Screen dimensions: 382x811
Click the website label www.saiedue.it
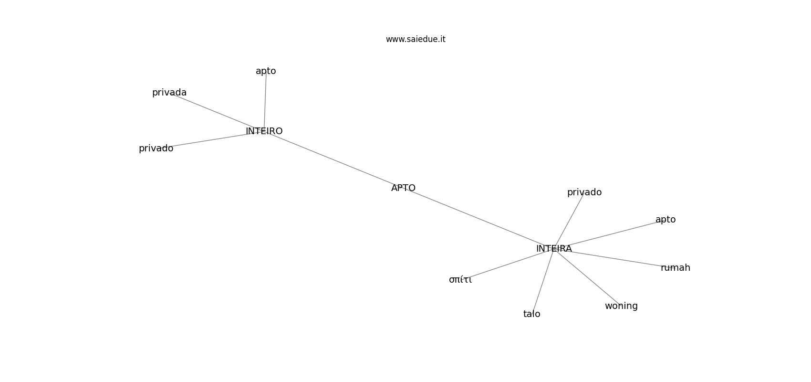(x=416, y=39)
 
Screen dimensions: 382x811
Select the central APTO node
(x=403, y=188)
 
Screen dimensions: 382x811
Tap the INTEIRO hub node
(x=264, y=131)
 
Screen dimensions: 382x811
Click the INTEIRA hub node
(x=554, y=249)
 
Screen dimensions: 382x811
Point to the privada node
(x=169, y=93)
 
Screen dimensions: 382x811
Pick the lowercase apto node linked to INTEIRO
(x=266, y=71)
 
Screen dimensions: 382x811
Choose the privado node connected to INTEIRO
(x=156, y=149)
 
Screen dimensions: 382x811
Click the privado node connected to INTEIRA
(x=584, y=192)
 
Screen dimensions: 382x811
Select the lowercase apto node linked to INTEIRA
(x=665, y=220)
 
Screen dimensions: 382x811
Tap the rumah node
(x=675, y=268)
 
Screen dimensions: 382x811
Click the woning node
(x=621, y=306)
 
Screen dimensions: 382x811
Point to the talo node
(x=531, y=314)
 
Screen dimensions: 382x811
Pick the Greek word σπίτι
(x=460, y=280)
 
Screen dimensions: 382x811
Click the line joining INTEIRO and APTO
(x=334, y=159)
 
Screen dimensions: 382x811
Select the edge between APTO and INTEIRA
(x=477, y=218)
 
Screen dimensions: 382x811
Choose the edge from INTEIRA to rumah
(x=615, y=258)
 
